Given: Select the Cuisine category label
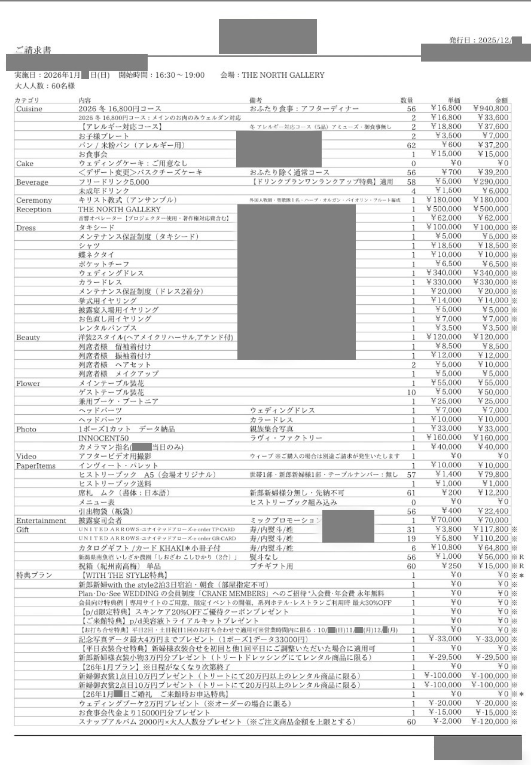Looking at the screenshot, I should (29, 108).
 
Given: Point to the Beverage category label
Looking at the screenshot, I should (32, 182).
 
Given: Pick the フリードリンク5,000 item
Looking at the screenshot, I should (114, 182).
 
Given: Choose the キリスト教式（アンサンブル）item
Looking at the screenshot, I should (127, 200).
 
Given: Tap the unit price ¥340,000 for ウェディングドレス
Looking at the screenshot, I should (444, 273).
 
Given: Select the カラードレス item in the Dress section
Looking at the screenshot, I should (100, 282).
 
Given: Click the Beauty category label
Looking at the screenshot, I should (28, 338).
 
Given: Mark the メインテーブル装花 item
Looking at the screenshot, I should (111, 383).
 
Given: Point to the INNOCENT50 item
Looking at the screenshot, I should (103, 438).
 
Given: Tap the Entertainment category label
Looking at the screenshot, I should (41, 521).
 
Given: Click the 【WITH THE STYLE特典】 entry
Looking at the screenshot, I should (119, 575).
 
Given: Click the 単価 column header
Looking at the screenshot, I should (454, 100).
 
